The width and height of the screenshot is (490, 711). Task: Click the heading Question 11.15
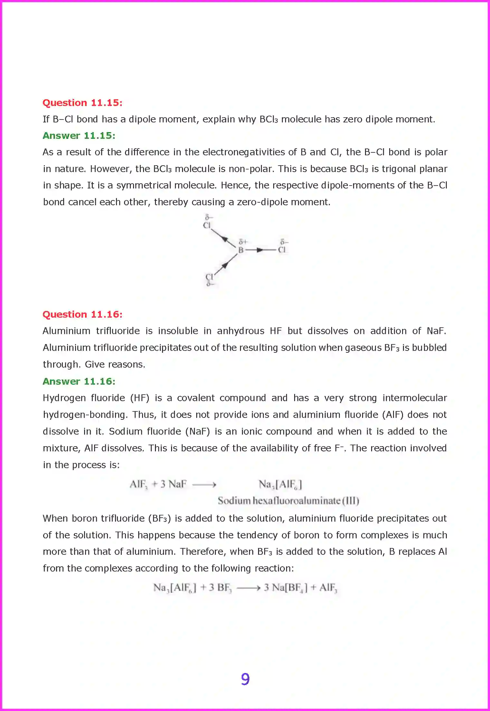tap(82, 103)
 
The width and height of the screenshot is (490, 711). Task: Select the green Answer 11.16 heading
tap(79, 381)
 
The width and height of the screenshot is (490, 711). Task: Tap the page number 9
tap(245, 679)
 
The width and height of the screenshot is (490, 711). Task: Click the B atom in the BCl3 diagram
tap(241, 250)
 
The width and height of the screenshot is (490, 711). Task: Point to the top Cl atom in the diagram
tap(207, 225)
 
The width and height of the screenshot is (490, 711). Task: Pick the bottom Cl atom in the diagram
tap(209, 277)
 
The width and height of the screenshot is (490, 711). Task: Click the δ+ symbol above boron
tap(243, 242)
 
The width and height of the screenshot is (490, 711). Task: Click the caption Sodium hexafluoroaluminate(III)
tap(288, 501)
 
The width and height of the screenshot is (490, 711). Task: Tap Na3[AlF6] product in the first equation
tap(280, 484)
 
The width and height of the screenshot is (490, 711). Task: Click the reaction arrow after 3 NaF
tap(204, 485)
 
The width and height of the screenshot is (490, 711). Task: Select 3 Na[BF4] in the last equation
tap(285, 588)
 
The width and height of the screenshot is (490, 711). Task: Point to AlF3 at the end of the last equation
tap(328, 588)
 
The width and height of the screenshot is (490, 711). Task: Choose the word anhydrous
tap(240, 331)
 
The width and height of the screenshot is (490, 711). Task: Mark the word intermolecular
tap(415, 398)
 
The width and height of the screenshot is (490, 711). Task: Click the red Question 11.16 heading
tap(82, 314)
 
